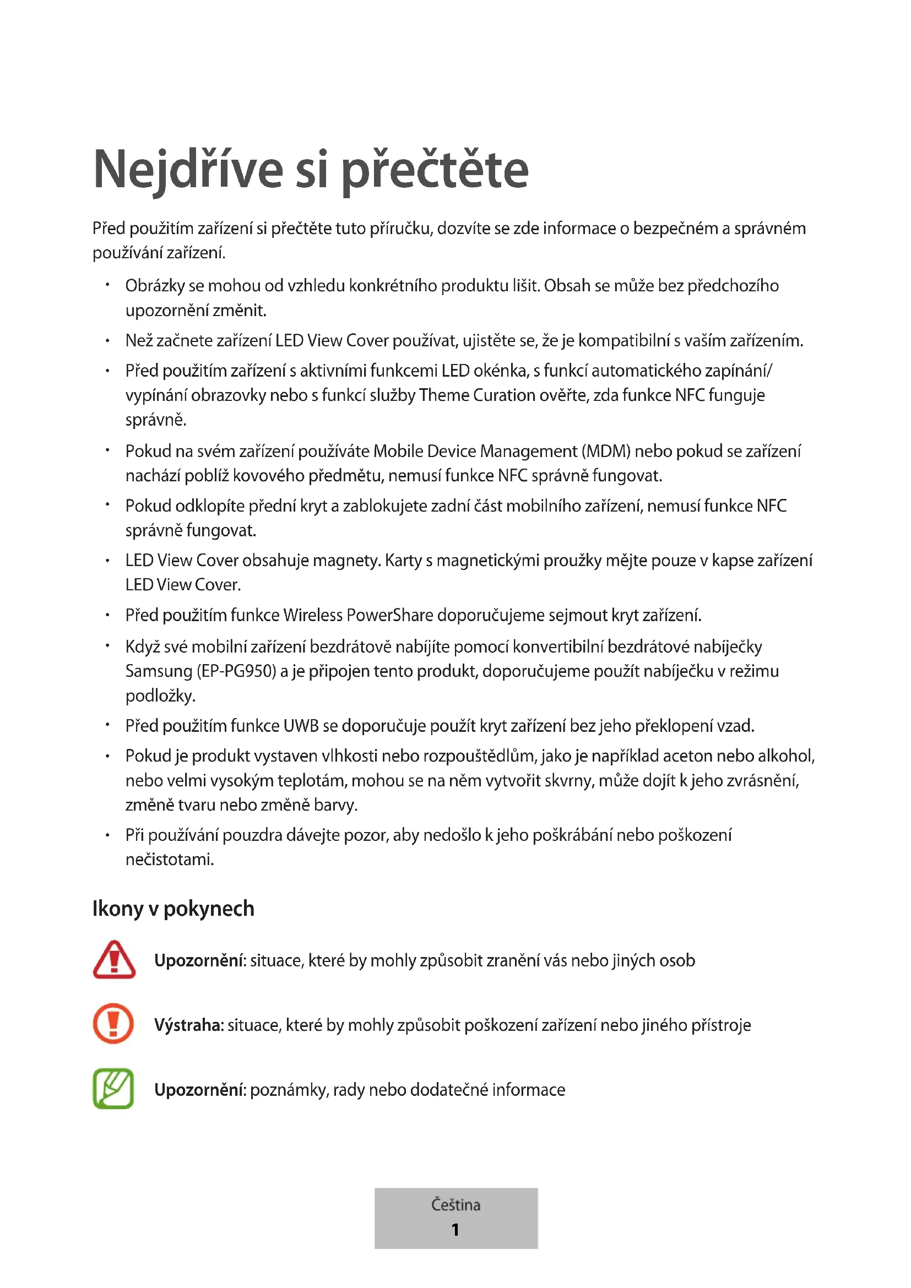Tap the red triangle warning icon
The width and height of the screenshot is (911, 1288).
[114, 960]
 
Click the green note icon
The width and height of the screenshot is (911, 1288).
[113, 1089]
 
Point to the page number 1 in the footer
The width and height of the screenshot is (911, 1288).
[455, 1230]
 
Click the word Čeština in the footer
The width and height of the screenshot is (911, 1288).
[455, 1204]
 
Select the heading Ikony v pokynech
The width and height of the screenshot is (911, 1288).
[173, 909]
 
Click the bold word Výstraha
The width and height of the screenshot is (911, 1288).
[189, 1025]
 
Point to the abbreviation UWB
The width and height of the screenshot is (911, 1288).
[301, 726]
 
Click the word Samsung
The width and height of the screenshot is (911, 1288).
[159, 671]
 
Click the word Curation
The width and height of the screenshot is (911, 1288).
[504, 395]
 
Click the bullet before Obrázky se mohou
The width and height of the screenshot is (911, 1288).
[107, 286]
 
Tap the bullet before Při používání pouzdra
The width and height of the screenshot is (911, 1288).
[107, 835]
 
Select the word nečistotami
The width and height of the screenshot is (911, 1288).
[170, 860]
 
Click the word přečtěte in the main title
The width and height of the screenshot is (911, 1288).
[435, 170]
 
